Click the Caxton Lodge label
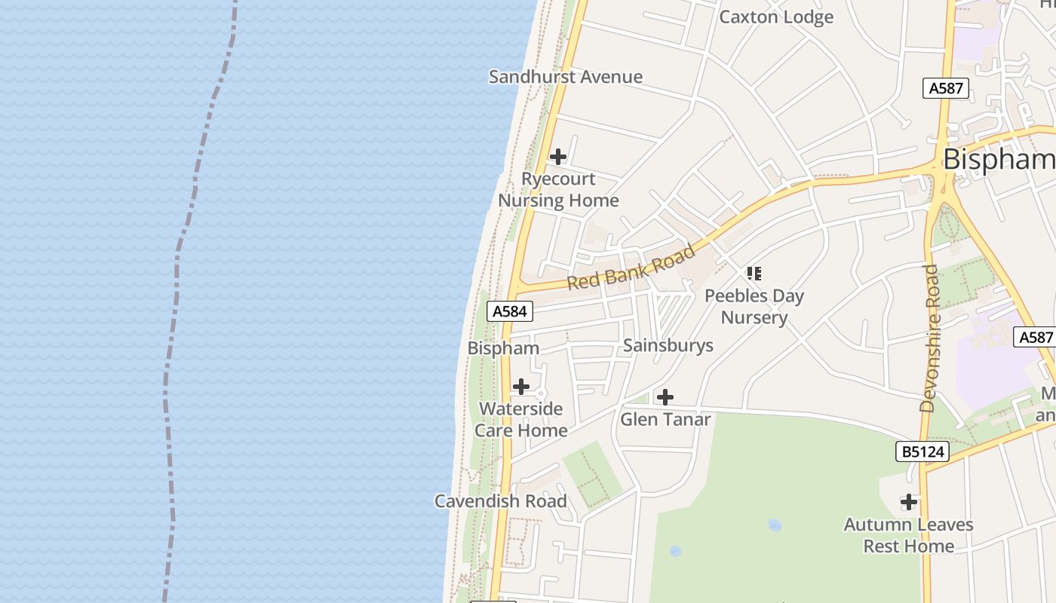776,17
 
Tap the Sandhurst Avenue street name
566,76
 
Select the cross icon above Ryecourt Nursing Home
557,157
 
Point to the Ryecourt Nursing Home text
558,189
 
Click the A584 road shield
511,311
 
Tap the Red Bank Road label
631,267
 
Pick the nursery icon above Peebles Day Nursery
754,273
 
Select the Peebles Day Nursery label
754,306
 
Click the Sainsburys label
668,345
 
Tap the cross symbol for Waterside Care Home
521,387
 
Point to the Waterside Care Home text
521,419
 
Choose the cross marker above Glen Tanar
665,397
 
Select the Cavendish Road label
501,500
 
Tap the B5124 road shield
922,451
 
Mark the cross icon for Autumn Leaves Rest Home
909,501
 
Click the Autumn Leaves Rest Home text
908,534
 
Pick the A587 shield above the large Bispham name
946,88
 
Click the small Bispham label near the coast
503,347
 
